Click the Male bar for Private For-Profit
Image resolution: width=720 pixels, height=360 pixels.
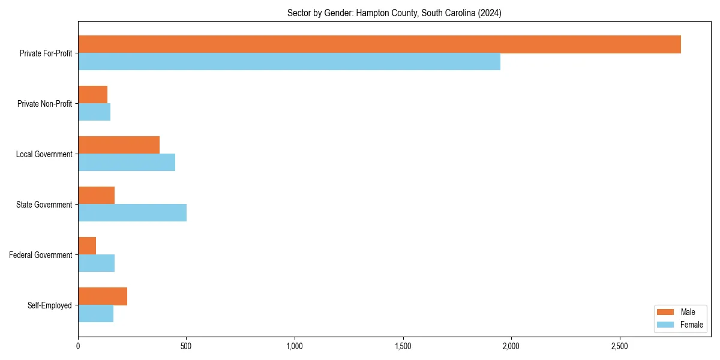[x=379, y=44]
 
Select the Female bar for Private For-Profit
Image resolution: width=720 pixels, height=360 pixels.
[x=289, y=62]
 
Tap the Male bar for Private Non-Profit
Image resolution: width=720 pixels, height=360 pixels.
[x=92, y=95]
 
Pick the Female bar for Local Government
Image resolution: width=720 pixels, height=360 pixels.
[x=127, y=163]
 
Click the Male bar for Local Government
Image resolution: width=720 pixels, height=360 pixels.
[x=119, y=145]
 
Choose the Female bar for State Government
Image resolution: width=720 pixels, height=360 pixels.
[x=132, y=213]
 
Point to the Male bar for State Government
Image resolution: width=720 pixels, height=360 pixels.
[x=96, y=196]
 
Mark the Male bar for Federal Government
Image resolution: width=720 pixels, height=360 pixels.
[x=87, y=246]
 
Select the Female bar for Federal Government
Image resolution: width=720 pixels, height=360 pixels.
[x=96, y=263]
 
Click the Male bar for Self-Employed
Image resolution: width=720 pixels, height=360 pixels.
[x=103, y=296]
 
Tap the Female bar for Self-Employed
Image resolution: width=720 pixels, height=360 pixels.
[x=95, y=314]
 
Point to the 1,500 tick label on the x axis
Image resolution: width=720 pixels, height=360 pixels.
[x=403, y=347]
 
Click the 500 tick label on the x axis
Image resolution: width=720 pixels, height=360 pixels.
[x=186, y=347]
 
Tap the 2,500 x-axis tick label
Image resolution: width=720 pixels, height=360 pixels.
[x=619, y=347]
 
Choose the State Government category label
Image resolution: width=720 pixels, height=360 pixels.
[x=44, y=205]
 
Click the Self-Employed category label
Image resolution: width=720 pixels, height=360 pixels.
[x=49, y=305]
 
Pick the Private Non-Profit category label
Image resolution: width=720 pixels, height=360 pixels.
[x=44, y=104]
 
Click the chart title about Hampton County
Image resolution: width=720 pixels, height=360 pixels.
[x=394, y=13]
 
